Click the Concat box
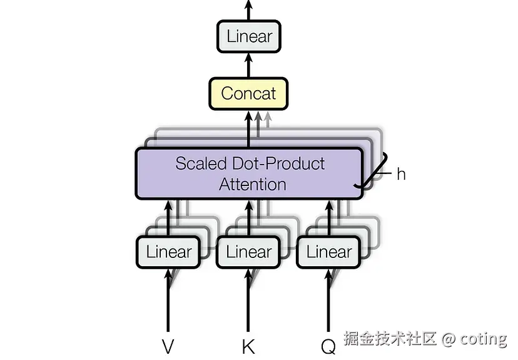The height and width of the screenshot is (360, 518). point(248,94)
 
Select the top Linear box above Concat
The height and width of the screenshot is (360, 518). point(249,36)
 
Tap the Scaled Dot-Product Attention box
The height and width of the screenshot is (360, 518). point(249,173)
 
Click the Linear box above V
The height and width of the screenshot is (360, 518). point(168,252)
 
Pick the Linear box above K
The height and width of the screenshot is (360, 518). point(248,252)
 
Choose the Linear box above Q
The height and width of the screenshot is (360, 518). point(328,252)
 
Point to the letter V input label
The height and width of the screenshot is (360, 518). point(168,346)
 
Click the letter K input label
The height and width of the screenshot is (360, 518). point(248,346)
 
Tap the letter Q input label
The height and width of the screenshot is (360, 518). point(328,346)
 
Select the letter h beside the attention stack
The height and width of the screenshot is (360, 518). point(401,174)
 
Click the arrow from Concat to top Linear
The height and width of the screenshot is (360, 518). point(249,65)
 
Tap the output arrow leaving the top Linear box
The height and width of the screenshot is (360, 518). point(249,10)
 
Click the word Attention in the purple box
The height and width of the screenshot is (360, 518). point(253,184)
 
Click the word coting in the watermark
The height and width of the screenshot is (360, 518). point(483,339)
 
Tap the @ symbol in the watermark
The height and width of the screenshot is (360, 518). point(448,339)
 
